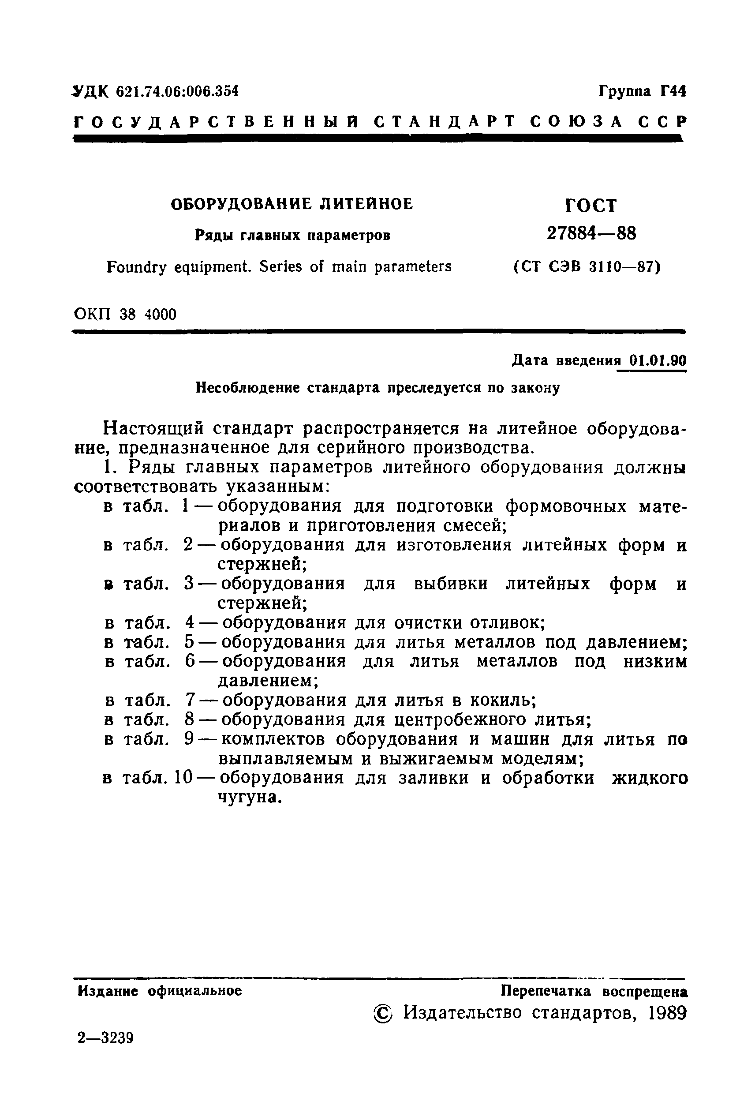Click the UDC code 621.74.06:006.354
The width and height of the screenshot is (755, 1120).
[x=177, y=91]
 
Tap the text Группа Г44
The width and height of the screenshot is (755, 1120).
[x=642, y=91]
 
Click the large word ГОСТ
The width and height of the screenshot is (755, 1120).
[x=591, y=206]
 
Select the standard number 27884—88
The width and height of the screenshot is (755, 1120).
[x=591, y=234]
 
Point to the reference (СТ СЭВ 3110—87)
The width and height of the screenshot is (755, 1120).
[x=586, y=266]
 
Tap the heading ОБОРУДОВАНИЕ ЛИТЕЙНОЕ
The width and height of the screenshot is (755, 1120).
[x=292, y=204]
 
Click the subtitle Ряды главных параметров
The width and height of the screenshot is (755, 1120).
[x=292, y=236]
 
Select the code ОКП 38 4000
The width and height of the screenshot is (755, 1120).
[x=125, y=315]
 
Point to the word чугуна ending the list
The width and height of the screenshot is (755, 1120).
[x=249, y=798]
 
